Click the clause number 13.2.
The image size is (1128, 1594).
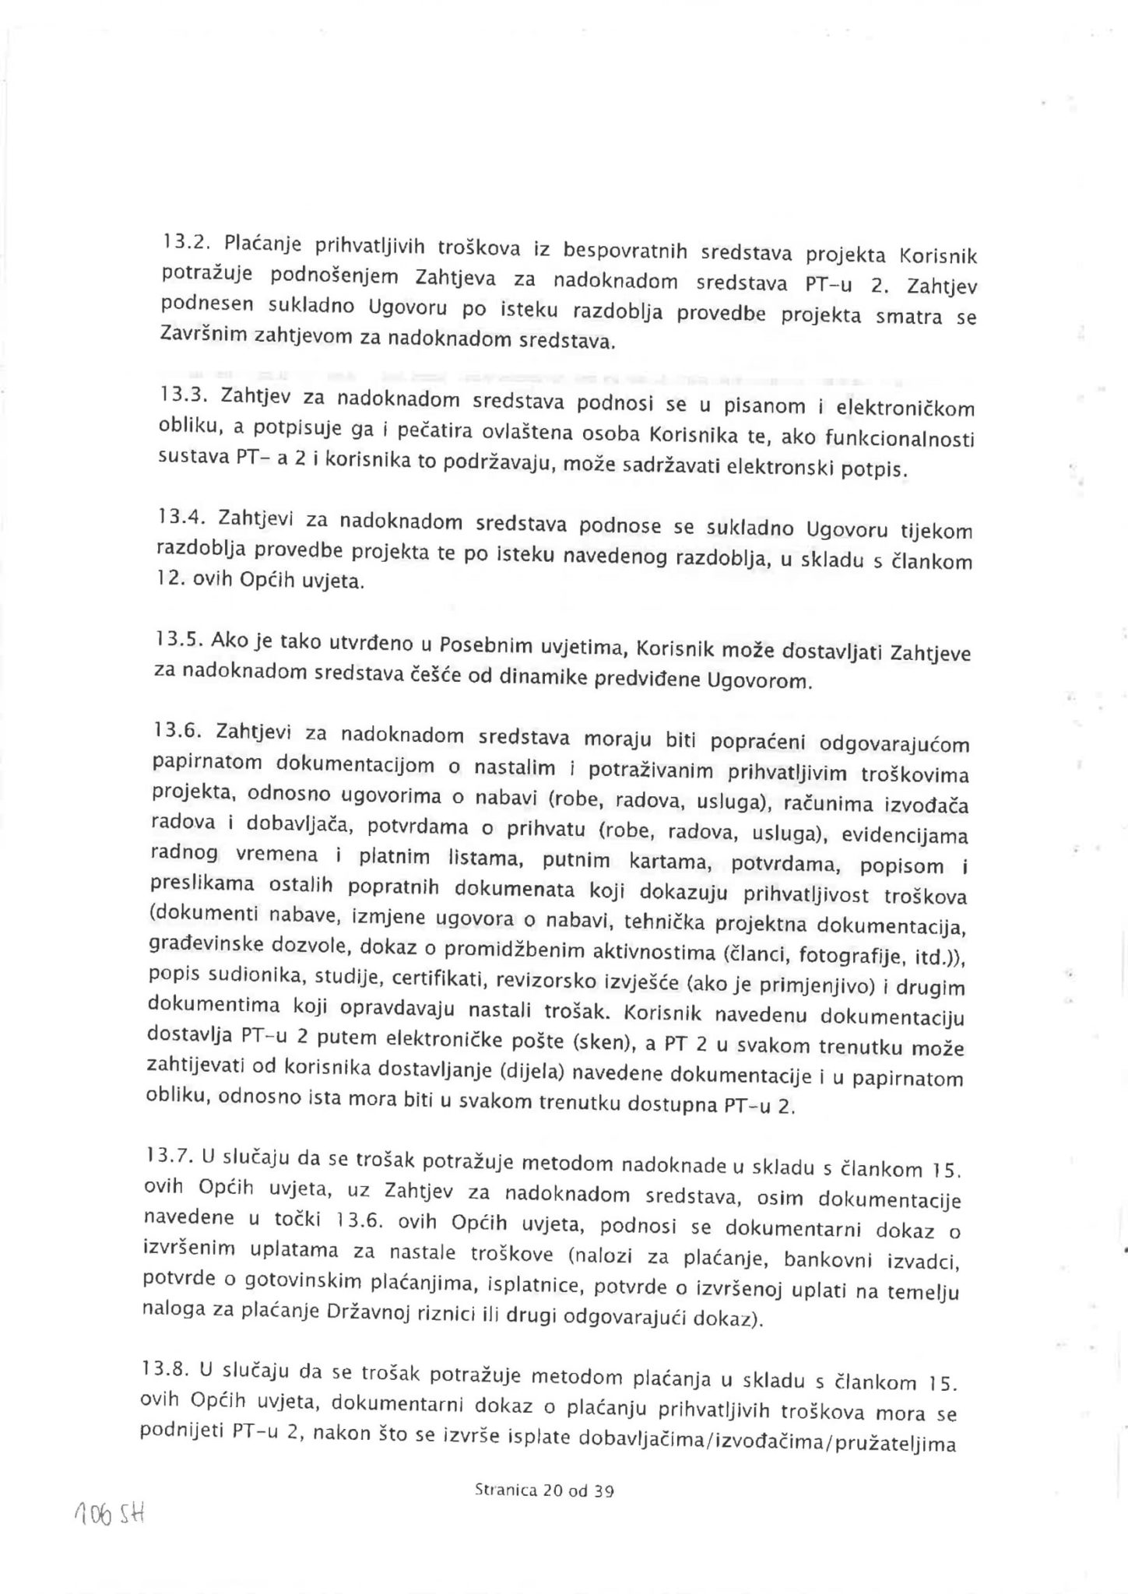coord(183,242)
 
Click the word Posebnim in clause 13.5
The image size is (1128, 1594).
coord(485,646)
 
